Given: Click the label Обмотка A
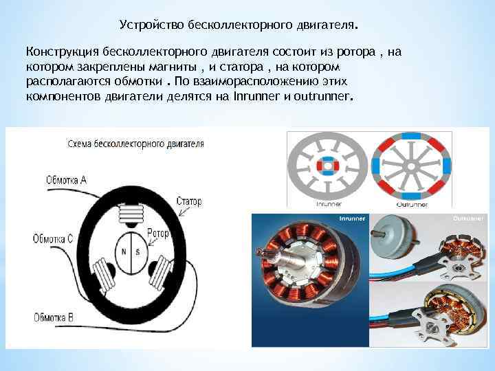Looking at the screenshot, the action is tap(66, 180).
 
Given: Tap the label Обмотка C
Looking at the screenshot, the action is tap(53, 239).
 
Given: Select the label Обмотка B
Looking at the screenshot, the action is tap(54, 317).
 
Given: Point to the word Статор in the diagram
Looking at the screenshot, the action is tap(189, 201).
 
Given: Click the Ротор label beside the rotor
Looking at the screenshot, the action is tap(158, 234).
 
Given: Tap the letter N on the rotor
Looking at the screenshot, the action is tap(124, 251).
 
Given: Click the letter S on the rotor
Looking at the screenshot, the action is tap(137, 252).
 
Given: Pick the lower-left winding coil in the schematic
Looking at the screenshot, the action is tap(104, 273).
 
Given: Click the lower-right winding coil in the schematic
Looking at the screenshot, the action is tap(160, 272).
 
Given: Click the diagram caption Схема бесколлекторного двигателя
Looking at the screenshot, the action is tap(135, 144).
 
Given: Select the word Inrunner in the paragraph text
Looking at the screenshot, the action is tap(256, 96).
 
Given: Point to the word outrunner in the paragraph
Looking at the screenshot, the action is tap(321, 96).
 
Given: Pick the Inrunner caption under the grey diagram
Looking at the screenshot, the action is tap(329, 204).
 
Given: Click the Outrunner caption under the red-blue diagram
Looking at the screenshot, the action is tap(412, 205).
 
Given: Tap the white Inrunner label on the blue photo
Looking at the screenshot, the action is tap(352, 218).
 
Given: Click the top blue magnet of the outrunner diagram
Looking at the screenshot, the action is tap(410, 136).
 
